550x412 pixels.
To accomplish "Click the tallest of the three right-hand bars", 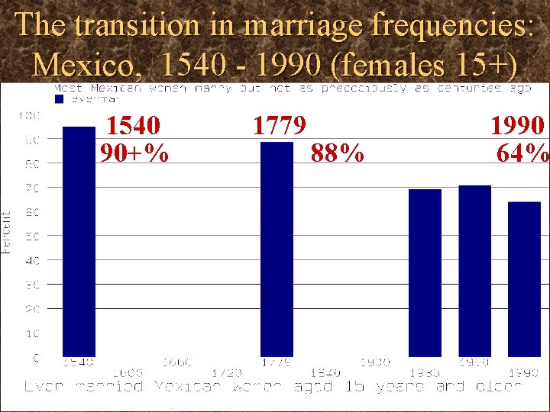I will pyautogui.click(x=474, y=270).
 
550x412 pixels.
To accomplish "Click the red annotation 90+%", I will pyautogui.click(x=134, y=153).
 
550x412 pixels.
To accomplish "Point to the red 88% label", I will pyautogui.click(x=337, y=154).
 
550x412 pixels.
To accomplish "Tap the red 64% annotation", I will pyautogui.click(x=522, y=153).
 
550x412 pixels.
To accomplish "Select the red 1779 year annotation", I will pyautogui.click(x=280, y=125).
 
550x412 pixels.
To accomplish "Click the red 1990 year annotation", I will pyautogui.click(x=517, y=125).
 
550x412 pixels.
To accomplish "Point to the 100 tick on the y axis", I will pyautogui.click(x=29, y=116).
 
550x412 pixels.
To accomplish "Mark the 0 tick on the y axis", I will pyautogui.click(x=35, y=357).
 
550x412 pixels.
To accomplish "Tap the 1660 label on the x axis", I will pyautogui.click(x=177, y=362).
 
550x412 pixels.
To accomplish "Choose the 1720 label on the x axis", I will pyautogui.click(x=227, y=372).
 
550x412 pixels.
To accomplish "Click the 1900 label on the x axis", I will pyautogui.click(x=375, y=362).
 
